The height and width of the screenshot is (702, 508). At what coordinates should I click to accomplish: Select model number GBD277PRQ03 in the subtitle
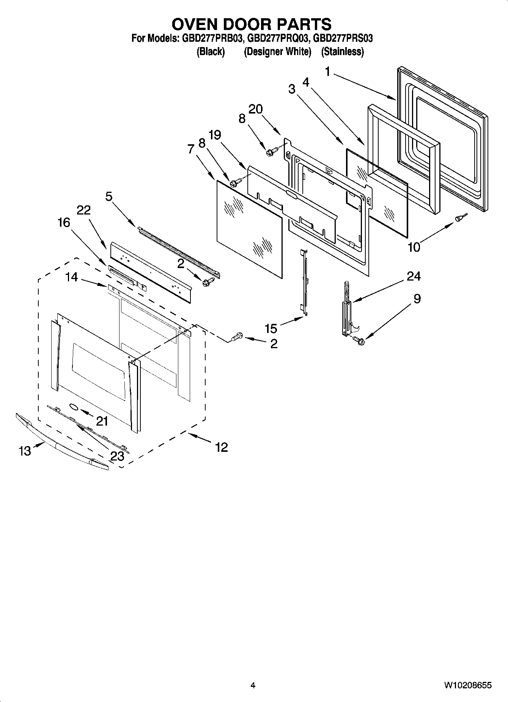pos(279,38)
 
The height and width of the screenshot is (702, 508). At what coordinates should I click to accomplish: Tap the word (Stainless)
pos(342,52)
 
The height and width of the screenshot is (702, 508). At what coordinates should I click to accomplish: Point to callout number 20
pos(255,109)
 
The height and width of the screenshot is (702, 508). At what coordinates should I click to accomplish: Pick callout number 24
pos(414,276)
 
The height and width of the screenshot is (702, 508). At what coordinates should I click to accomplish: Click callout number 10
pos(414,247)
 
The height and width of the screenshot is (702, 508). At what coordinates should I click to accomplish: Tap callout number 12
pos(221,447)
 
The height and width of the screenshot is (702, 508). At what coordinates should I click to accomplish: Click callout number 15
pos(271,328)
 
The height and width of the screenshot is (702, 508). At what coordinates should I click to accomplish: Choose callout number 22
pos(83,210)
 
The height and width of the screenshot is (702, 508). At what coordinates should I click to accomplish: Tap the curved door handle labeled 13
pos(61,441)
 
